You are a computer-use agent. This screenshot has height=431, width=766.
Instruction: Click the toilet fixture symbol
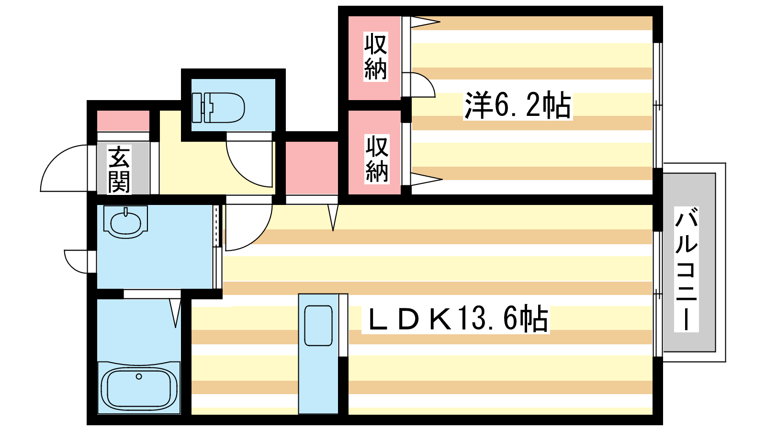tap(219, 107)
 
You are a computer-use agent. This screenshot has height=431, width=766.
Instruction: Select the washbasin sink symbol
tap(125, 222)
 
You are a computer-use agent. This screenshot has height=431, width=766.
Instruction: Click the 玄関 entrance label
tap(119, 170)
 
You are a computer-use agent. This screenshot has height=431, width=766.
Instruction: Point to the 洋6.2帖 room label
tap(518, 105)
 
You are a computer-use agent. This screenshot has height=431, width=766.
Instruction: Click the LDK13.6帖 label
tap(458, 319)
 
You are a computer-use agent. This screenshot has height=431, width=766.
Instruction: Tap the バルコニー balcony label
tap(686, 269)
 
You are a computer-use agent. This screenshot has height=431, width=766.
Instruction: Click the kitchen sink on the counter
tap(318, 326)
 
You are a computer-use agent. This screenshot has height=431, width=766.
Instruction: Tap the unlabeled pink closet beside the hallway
tap(312, 168)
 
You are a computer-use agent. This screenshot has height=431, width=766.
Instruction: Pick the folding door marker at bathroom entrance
tap(175, 311)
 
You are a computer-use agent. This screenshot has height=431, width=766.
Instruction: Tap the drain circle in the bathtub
tap(139, 376)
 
